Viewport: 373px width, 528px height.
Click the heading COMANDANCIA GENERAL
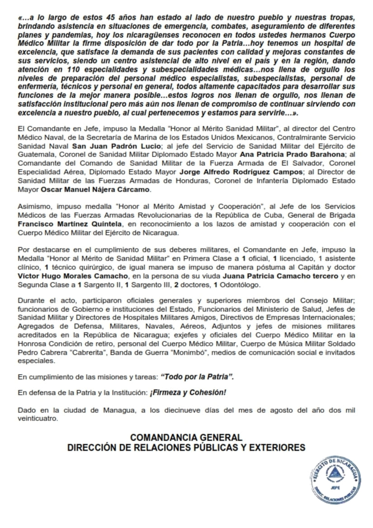pos(186,438)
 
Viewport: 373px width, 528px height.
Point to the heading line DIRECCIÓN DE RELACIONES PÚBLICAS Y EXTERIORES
pos(186,447)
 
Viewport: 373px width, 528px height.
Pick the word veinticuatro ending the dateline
pos(38,419)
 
